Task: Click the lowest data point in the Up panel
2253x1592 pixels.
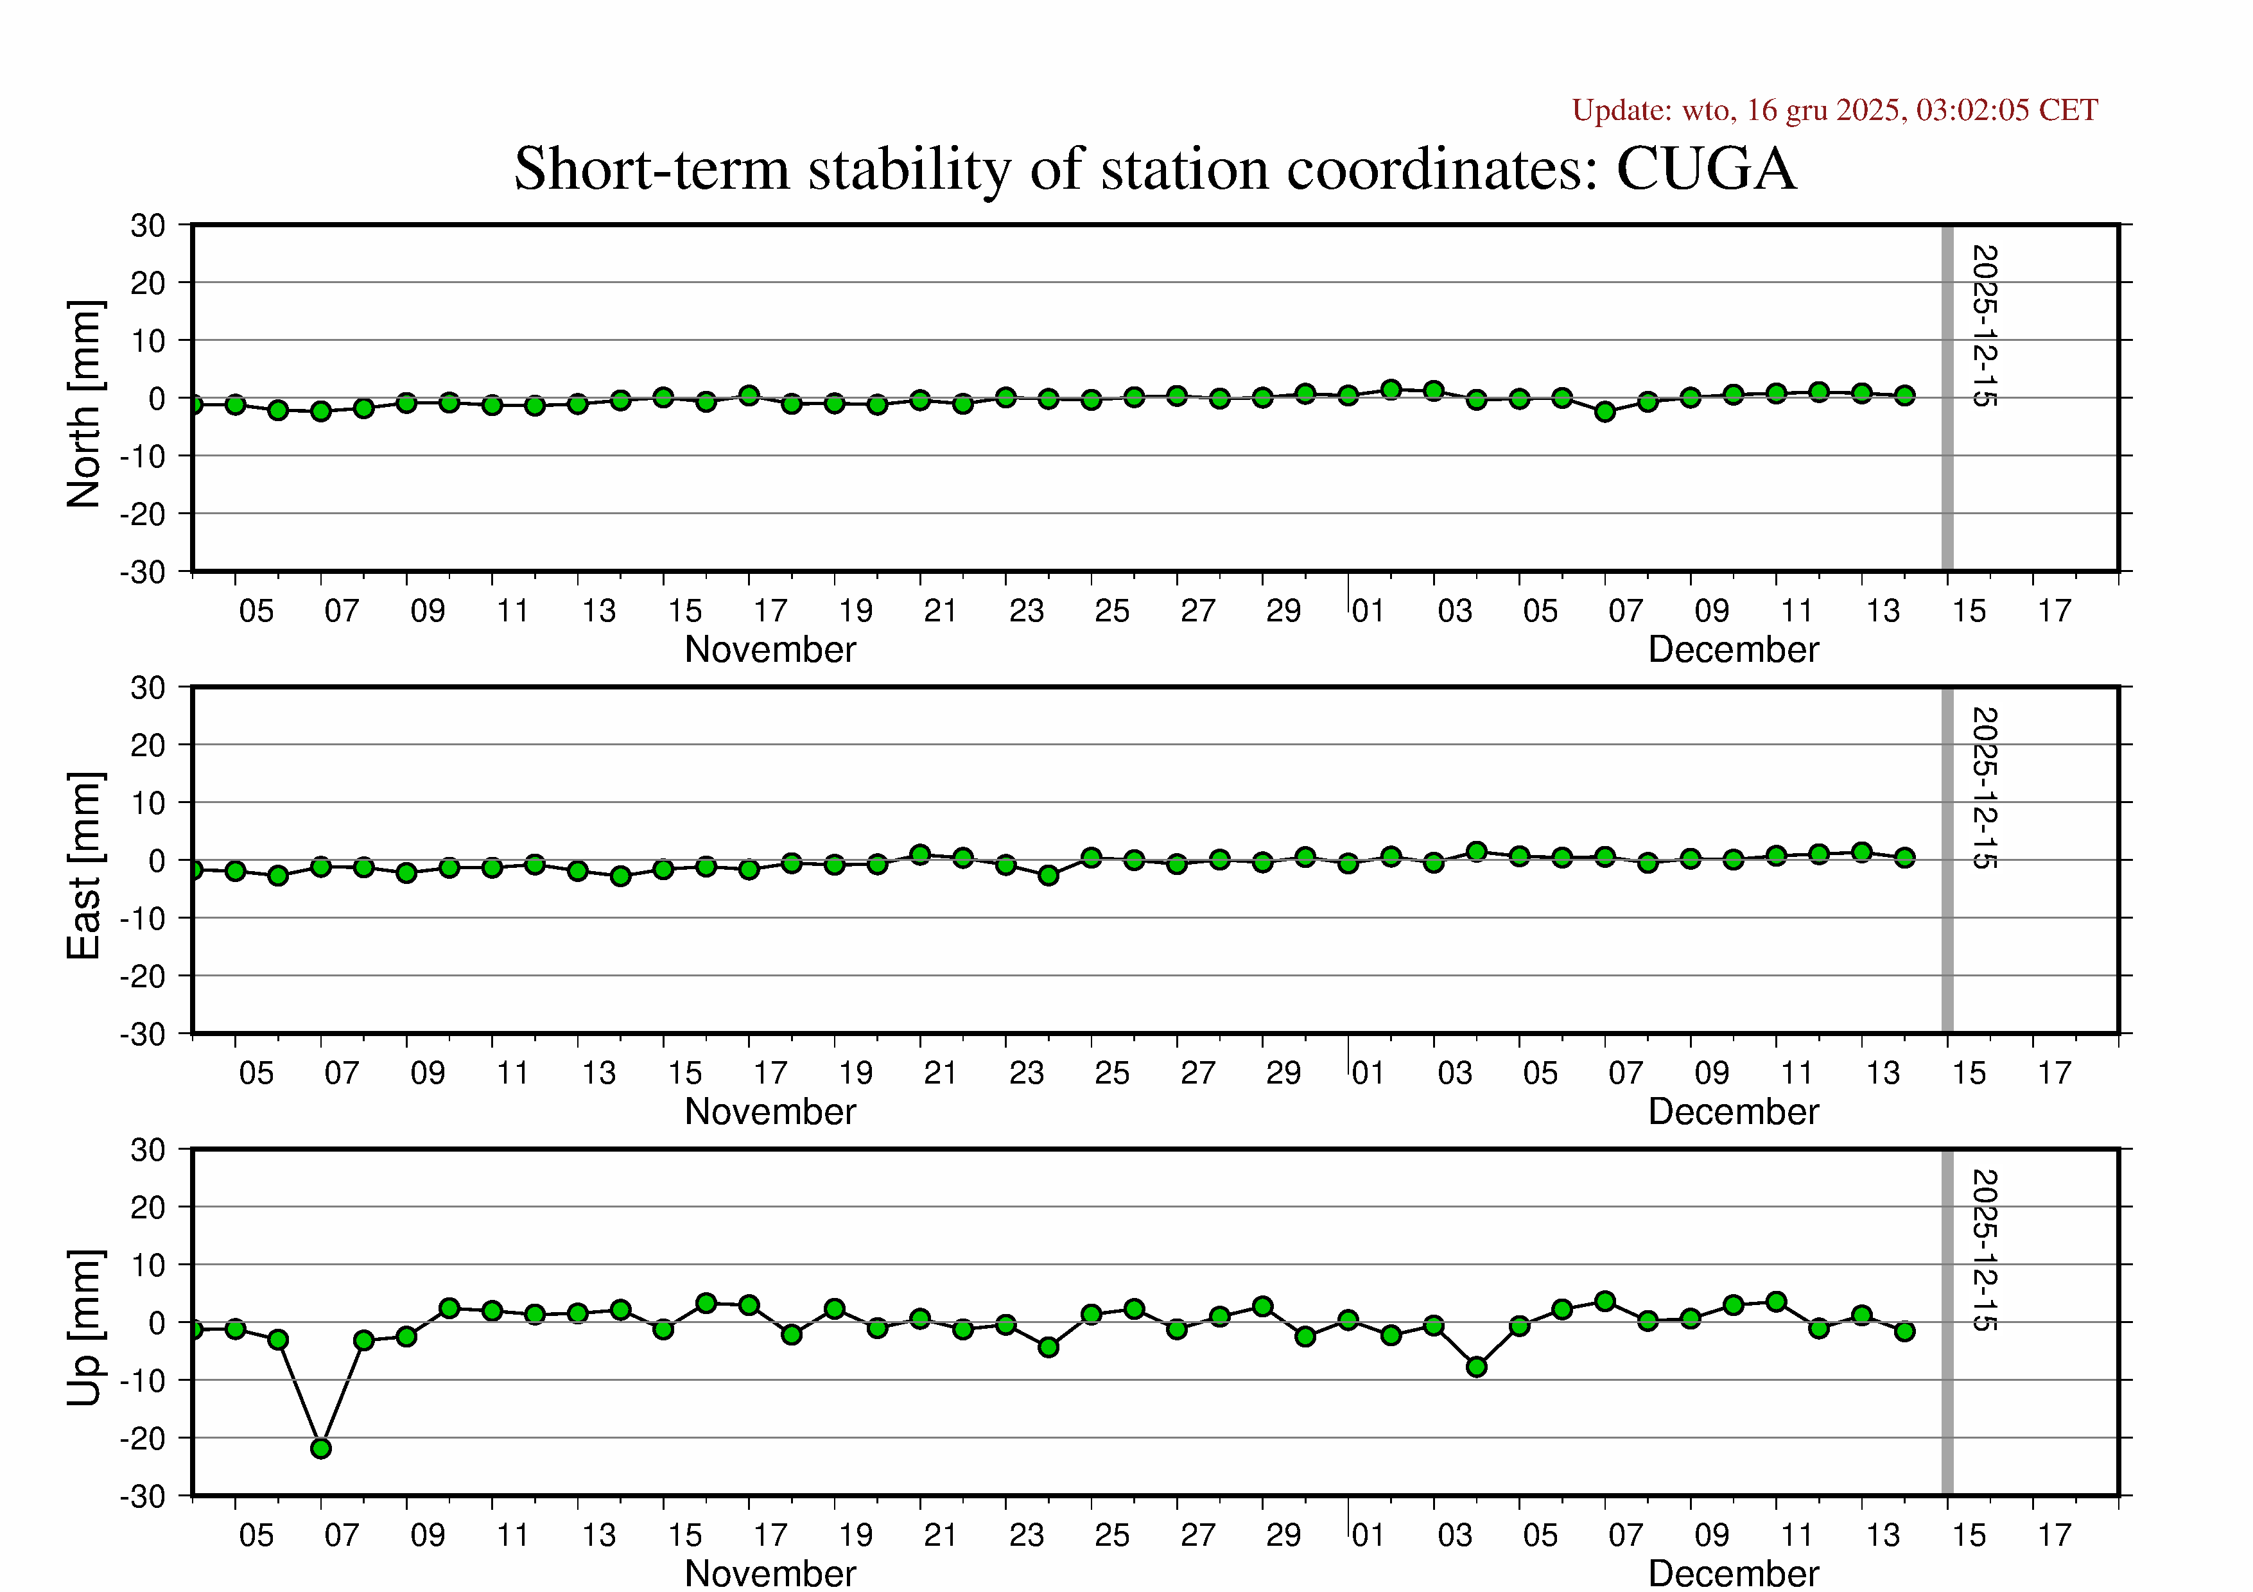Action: [321, 1448]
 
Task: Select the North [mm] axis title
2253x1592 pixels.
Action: [84, 404]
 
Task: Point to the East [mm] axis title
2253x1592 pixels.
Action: [84, 865]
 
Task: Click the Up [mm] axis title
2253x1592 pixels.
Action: [84, 1327]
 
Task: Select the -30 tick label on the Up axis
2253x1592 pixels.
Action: [143, 1497]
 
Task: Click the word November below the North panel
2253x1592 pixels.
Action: [770, 650]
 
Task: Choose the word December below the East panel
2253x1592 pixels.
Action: [1733, 1111]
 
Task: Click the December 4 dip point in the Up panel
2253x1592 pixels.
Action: [1477, 1367]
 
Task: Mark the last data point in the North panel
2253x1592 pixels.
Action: [1904, 395]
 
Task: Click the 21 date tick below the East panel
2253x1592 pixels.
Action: [940, 1073]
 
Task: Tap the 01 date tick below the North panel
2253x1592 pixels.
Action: [1368, 611]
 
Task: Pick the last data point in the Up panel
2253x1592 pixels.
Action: [1904, 1331]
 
